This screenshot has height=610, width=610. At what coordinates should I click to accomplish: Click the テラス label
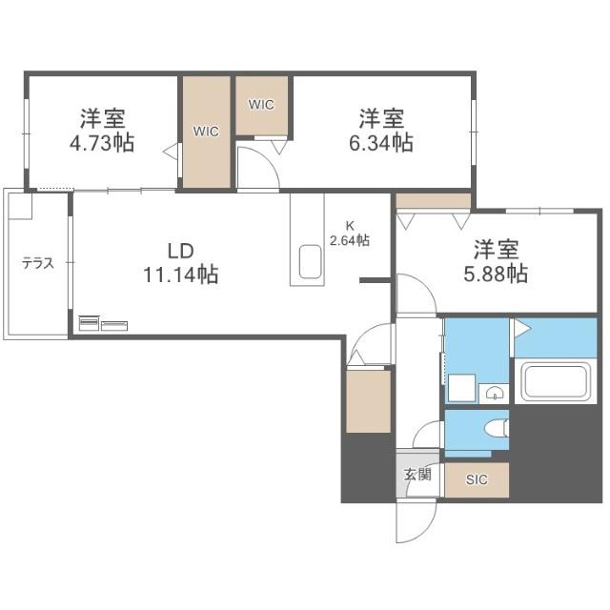click(x=38, y=263)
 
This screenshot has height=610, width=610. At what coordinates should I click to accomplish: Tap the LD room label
click(x=180, y=251)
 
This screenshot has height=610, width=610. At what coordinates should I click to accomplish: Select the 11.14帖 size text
click(x=181, y=274)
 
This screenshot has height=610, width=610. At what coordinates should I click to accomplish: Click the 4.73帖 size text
click(x=102, y=143)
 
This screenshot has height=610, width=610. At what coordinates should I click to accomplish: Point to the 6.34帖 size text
click(x=381, y=143)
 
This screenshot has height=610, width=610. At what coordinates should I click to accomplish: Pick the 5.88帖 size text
click(x=496, y=274)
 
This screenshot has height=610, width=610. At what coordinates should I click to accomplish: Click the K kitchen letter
click(x=350, y=226)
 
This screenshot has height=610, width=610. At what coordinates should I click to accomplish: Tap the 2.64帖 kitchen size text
click(x=350, y=240)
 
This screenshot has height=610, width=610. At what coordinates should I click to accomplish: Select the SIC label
click(x=477, y=479)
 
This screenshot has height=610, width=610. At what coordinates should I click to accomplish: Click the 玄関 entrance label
click(x=417, y=475)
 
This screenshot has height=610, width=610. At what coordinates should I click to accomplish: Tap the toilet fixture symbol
click(x=497, y=428)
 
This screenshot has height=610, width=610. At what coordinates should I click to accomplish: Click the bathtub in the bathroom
click(x=555, y=381)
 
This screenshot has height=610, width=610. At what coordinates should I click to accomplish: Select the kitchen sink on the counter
click(x=310, y=261)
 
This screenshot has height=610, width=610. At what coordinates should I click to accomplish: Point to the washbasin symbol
click(x=494, y=393)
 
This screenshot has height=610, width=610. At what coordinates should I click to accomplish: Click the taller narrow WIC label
click(x=206, y=132)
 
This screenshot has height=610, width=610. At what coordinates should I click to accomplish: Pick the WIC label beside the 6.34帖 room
click(x=261, y=104)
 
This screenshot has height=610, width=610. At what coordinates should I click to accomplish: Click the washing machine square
click(x=461, y=388)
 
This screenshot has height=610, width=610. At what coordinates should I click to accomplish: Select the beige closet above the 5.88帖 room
click(x=433, y=201)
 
